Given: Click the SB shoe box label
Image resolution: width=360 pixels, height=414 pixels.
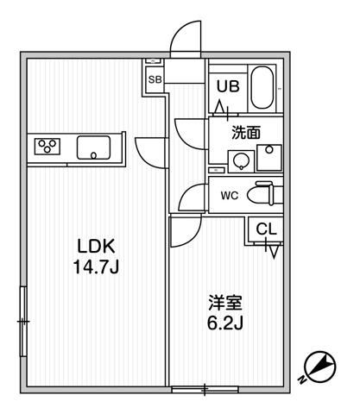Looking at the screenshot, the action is (x=155, y=79).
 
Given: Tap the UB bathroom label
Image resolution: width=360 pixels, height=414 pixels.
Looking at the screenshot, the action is (x=228, y=86).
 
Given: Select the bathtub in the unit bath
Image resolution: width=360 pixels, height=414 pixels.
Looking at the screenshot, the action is (x=262, y=88).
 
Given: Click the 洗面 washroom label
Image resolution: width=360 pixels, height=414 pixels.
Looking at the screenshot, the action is (x=246, y=133).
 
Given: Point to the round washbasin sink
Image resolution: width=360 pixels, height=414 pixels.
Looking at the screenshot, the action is (x=241, y=161).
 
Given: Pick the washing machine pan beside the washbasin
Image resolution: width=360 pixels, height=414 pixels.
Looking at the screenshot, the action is (x=269, y=158).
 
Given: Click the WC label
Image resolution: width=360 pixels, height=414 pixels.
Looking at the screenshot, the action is (x=230, y=196).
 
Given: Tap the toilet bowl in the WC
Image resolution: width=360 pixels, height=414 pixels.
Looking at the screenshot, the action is (x=261, y=194).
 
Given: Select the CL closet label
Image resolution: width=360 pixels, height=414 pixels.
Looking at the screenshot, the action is (x=266, y=229).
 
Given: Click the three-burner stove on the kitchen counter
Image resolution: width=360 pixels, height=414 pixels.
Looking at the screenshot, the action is (x=47, y=147).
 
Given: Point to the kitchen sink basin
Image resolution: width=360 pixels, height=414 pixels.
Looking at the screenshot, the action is (x=93, y=147).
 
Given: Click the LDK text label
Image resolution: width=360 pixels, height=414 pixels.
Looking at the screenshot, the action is (x=97, y=246).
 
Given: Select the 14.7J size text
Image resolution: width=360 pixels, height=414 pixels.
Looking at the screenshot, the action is (x=96, y=267).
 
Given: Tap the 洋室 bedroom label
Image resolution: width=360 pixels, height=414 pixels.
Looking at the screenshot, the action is (x=225, y=303).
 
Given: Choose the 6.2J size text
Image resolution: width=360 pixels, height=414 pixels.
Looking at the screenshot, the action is (x=225, y=323).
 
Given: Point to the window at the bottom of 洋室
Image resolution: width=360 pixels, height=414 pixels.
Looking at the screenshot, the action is (x=205, y=390).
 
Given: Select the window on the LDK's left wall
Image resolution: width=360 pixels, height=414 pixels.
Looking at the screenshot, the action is (x=23, y=321).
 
